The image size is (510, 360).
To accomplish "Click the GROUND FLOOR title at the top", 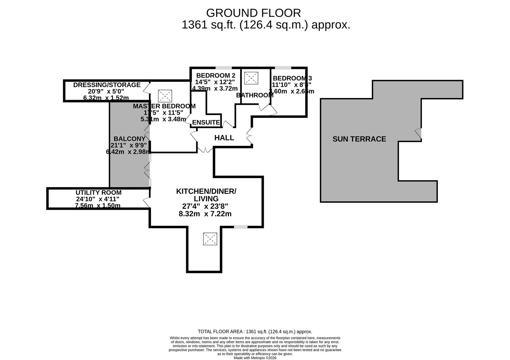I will point(253,13).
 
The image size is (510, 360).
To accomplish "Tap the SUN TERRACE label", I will point(359,139).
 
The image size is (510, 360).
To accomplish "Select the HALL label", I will point(224,138).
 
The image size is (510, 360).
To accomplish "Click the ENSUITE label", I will point(206,122).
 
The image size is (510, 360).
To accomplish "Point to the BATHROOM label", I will point(255,95).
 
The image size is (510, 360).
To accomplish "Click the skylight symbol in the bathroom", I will point(251,78).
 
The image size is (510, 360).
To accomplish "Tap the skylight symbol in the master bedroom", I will point(165,96).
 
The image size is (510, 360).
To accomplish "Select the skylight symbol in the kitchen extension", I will point(210,239).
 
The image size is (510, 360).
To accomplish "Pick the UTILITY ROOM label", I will point(98,193).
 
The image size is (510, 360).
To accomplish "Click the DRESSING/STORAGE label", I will point(107,85).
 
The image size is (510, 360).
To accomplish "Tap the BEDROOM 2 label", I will point(216,75).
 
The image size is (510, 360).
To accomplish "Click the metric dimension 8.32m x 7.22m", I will point(205,214).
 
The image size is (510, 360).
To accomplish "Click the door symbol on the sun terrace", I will point(418,133).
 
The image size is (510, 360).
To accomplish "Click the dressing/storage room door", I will point(146,87).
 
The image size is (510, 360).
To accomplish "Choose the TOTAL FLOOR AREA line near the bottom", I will point(255,332).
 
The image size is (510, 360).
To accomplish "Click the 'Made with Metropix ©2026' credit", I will point(255,358).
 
